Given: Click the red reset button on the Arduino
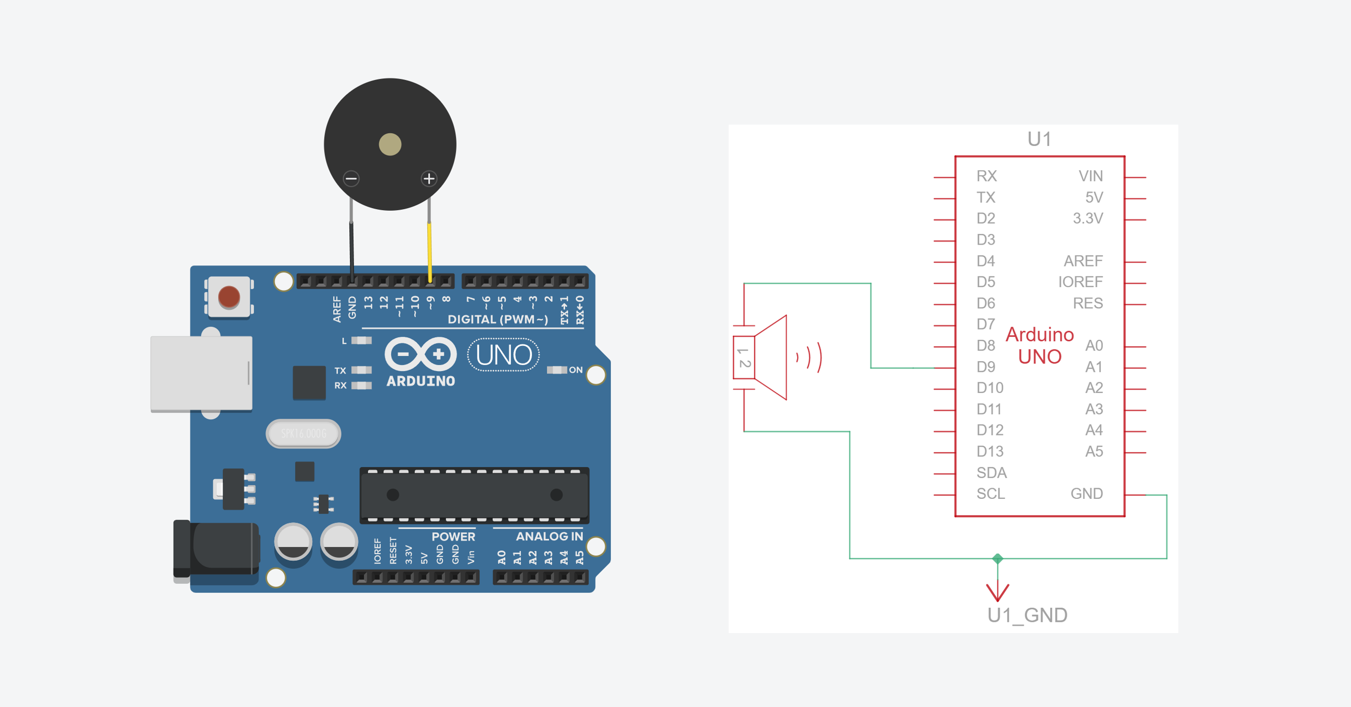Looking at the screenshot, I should coord(229,297).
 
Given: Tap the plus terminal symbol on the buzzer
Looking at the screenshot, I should coord(429,179).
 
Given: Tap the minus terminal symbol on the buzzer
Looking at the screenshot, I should coord(351,179).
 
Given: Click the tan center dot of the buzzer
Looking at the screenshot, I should coord(390,144).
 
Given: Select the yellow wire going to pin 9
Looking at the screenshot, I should coord(429,252).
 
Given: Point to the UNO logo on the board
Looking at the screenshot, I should coord(503,355).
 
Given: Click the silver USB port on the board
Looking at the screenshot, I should coord(202,373).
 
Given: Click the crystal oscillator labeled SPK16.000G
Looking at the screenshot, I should coord(303,433).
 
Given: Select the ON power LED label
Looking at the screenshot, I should coord(575,370).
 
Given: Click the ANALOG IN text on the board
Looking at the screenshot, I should coord(549,536).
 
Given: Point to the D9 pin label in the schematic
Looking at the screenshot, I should coord(985,367).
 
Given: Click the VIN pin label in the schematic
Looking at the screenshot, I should coord(1090,176).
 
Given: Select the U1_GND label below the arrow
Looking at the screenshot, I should coord(1027,615).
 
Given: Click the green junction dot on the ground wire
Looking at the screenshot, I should coord(998,559).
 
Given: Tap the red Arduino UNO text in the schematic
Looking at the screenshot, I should coord(1040,345).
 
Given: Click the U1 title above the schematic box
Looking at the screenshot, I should coord(1039,139).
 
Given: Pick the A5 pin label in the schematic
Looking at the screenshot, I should coord(1093,451).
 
